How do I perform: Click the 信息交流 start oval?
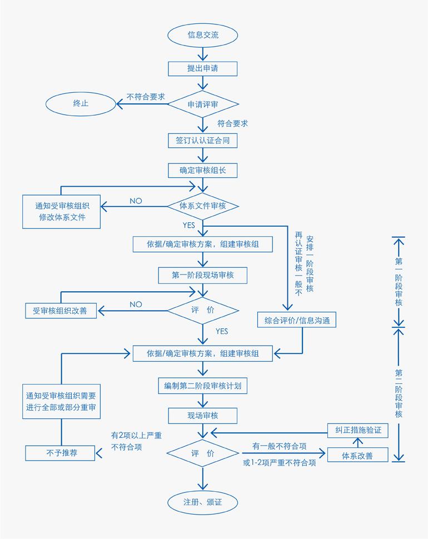pos(203,35)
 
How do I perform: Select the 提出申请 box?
pos(203,68)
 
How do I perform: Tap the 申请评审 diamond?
pos(203,104)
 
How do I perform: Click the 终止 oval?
pos(81,103)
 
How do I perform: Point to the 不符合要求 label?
pos(146,96)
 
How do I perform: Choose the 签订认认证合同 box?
pos(203,141)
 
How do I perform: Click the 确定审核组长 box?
pos(203,170)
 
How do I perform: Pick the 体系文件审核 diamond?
pos(203,206)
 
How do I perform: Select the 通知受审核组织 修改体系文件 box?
pos(62,211)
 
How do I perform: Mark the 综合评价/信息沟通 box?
pos(297,320)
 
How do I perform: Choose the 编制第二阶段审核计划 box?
pos(203,385)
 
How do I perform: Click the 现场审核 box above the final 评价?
pos(203,415)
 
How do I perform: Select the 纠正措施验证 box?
pos(358,430)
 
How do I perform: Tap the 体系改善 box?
pos(358,456)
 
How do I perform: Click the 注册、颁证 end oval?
pos(203,502)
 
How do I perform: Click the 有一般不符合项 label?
pos(279,446)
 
